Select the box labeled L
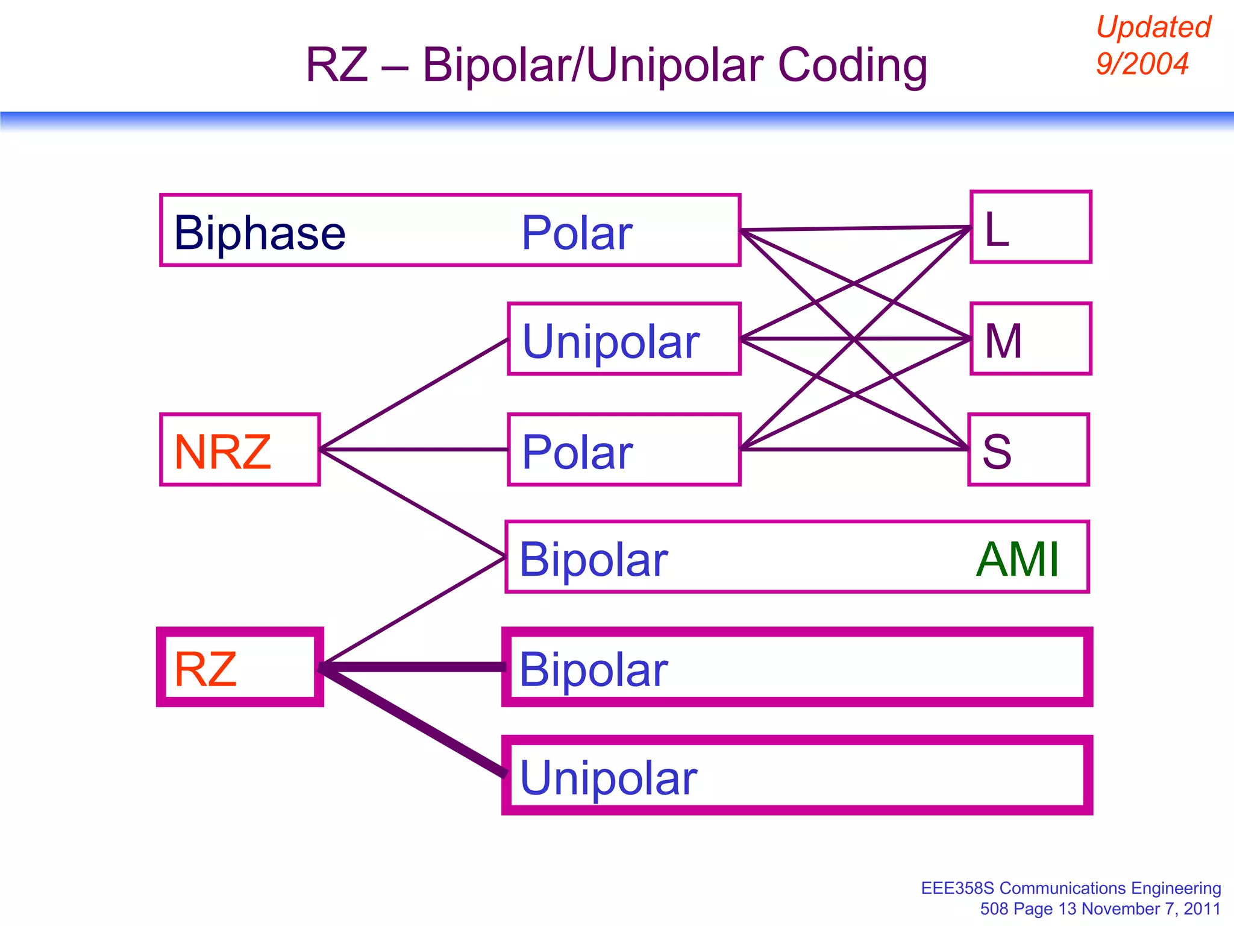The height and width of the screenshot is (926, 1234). tap(1030, 227)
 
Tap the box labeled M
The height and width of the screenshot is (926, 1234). tap(1030, 339)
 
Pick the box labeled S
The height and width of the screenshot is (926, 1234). tap(1028, 450)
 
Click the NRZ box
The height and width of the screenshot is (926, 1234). tap(240, 450)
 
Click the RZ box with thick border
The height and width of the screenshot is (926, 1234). tap(240, 667)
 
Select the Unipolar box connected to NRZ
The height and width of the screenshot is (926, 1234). tap(624, 339)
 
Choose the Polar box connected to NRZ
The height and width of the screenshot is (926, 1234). tap(624, 450)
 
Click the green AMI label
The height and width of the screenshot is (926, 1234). tap(1017, 559)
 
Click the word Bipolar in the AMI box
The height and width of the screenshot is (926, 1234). tap(594, 559)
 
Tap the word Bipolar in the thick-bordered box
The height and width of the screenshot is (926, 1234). tap(594, 669)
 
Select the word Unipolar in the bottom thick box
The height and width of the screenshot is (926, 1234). tap(609, 778)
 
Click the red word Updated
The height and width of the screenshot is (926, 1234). tap(1153, 28)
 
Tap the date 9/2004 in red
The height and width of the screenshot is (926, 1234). tap(1142, 64)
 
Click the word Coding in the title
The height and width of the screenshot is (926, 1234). tap(852, 65)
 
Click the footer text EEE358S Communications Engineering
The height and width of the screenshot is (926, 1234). tap(1071, 888)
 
